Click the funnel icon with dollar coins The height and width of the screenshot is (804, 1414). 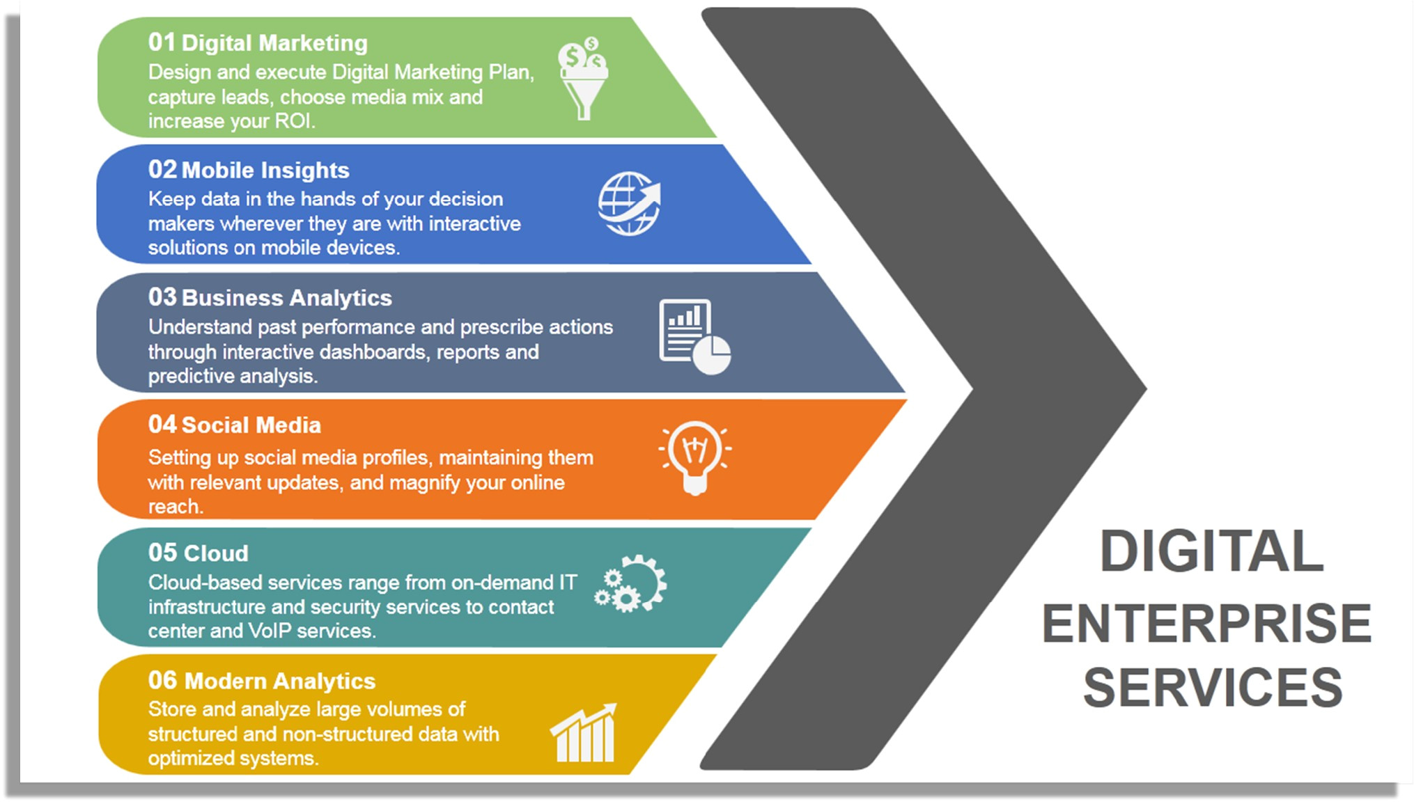pos(583,78)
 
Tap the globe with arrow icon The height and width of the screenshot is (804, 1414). pos(629,203)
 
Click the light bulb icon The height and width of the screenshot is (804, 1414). pos(694,457)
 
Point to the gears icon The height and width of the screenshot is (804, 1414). pos(630,584)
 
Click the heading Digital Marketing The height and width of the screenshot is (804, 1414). pos(274,43)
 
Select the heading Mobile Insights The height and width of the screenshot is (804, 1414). pos(265,171)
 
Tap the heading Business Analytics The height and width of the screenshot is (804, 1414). pos(287,298)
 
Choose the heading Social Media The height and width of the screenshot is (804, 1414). pos(251,425)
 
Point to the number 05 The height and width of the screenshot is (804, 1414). pos(162,553)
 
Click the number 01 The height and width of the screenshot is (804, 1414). pos(162,42)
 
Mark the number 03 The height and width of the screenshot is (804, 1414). pos(162,297)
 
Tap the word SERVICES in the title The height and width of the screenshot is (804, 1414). pos(1213,688)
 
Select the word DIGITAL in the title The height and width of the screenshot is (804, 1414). pos(1211,551)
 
